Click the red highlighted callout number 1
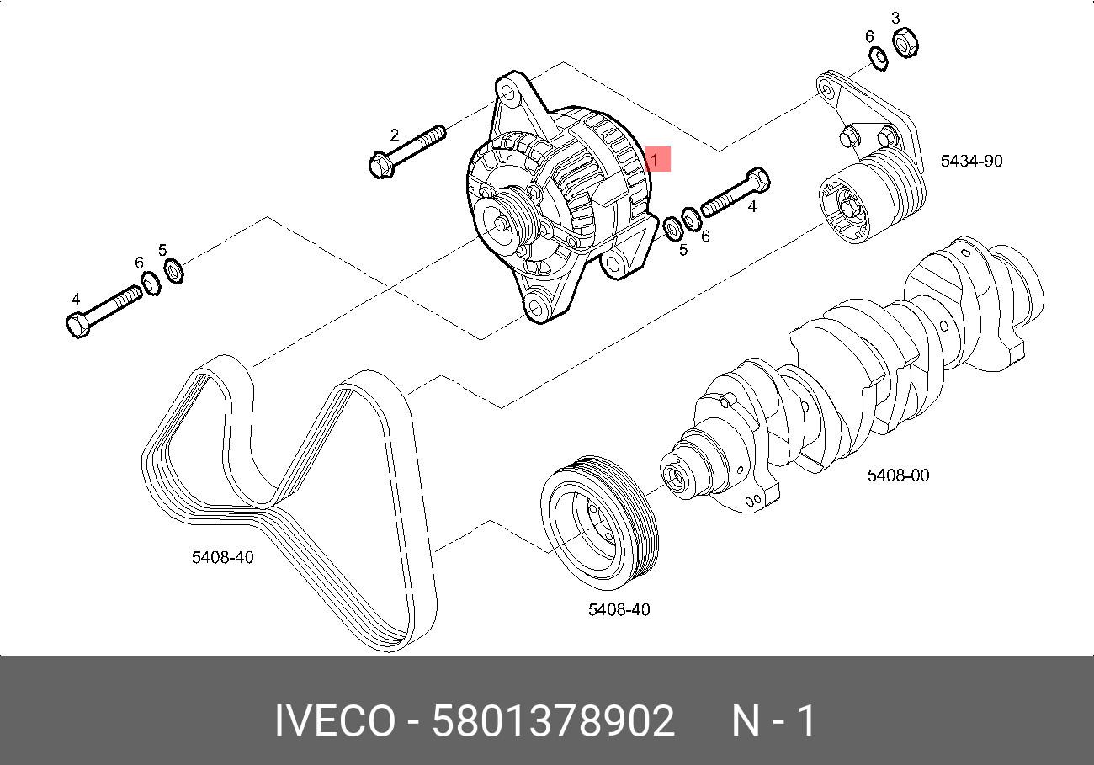(656, 158)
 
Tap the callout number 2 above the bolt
(394, 135)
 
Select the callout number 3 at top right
(895, 18)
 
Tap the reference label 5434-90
(971, 161)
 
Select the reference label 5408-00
(898, 475)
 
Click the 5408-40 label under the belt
(223, 557)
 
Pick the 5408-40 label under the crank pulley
(619, 609)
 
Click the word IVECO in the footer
(334, 722)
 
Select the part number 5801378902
(553, 722)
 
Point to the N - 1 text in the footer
(773, 722)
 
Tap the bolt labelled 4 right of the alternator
(735, 193)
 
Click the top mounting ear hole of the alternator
(508, 90)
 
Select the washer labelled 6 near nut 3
(877, 57)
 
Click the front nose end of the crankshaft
(675, 474)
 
